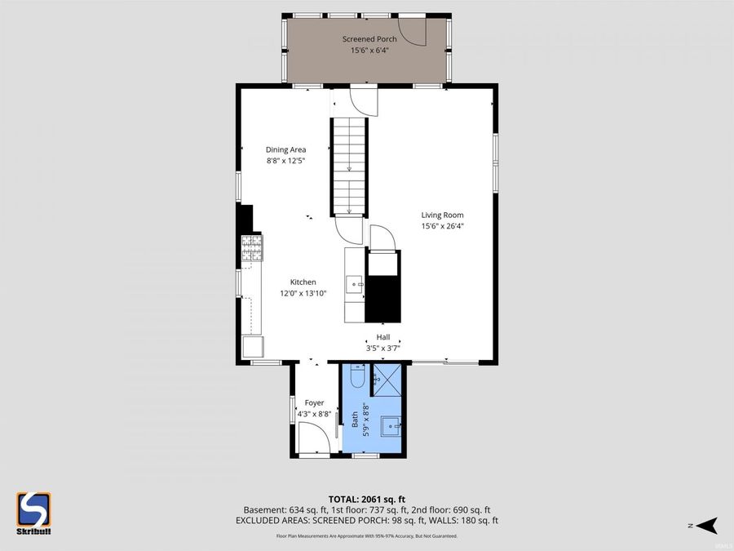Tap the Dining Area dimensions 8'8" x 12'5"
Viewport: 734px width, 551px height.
coord(285,161)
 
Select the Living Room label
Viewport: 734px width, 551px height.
coord(442,216)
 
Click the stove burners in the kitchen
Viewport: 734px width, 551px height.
coord(251,248)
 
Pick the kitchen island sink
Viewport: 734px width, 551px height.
coord(354,284)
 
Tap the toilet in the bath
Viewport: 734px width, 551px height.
coord(357,377)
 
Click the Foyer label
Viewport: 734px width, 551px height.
coord(314,402)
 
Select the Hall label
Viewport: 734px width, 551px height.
coord(382,337)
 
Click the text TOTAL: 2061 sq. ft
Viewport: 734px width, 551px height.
coord(366,498)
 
